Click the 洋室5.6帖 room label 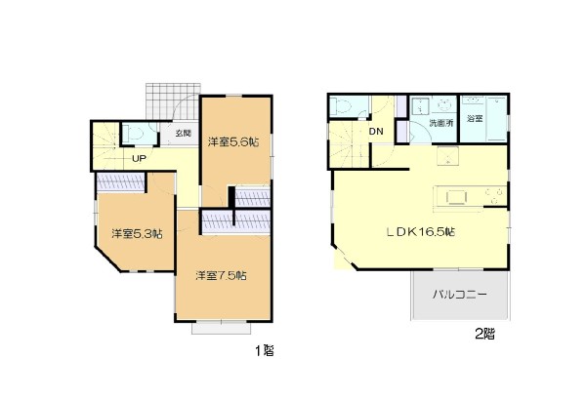click(233, 141)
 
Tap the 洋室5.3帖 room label click(137, 234)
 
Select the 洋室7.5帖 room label click(221, 276)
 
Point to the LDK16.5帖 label click(420, 232)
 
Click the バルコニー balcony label click(460, 295)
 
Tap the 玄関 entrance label click(184, 133)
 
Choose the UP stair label click(139, 159)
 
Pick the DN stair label click(376, 132)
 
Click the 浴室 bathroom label click(475, 119)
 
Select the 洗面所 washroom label click(441, 123)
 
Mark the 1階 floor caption click(265, 350)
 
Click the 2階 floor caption click(484, 334)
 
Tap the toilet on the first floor click(134, 134)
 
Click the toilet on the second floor click(341, 106)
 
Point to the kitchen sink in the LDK click(457, 197)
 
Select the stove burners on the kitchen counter click(495, 196)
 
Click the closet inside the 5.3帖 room click(120, 182)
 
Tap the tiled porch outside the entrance click(173, 101)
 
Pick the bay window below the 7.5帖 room click(222, 328)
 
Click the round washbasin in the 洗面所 click(444, 105)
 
